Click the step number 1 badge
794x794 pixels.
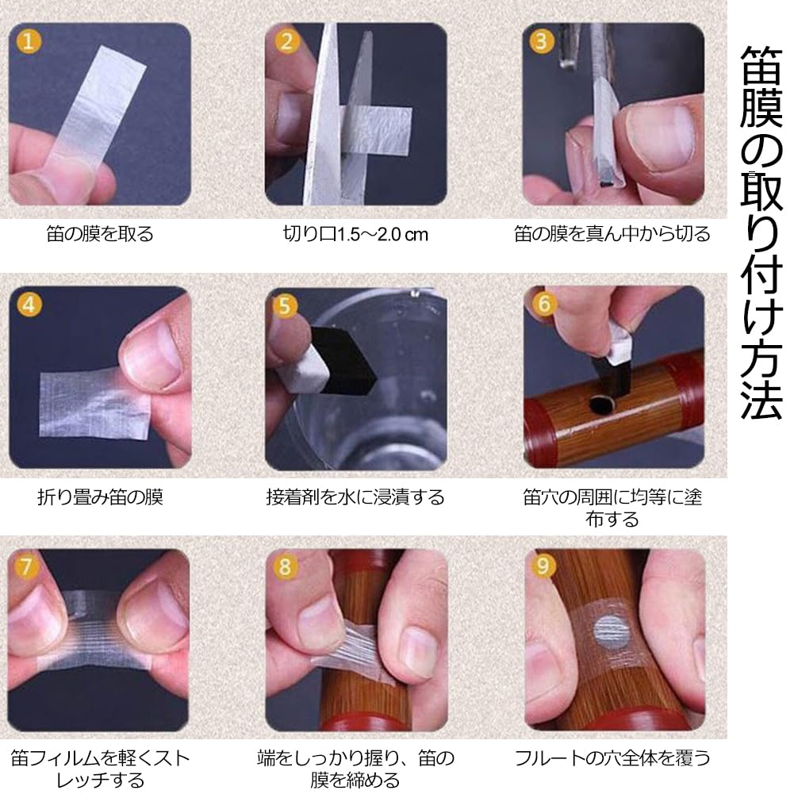[x=29, y=41]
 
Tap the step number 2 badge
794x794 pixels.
[x=286, y=41]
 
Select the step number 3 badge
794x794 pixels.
[x=542, y=41]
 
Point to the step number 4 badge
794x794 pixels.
[x=29, y=305]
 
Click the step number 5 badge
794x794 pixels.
[x=286, y=305]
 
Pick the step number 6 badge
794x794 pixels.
[x=543, y=305]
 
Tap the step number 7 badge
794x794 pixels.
[x=29, y=566]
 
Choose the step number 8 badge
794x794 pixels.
[x=286, y=568]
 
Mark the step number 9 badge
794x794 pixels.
[x=543, y=568]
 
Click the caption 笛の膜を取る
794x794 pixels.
[x=99, y=234]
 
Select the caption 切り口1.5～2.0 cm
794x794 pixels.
[x=355, y=235]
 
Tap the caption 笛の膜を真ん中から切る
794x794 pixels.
[x=612, y=234]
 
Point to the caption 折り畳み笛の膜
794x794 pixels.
[x=100, y=497]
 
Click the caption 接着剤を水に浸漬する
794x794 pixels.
[x=355, y=497]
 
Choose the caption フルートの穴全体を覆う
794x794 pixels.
[x=612, y=757]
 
